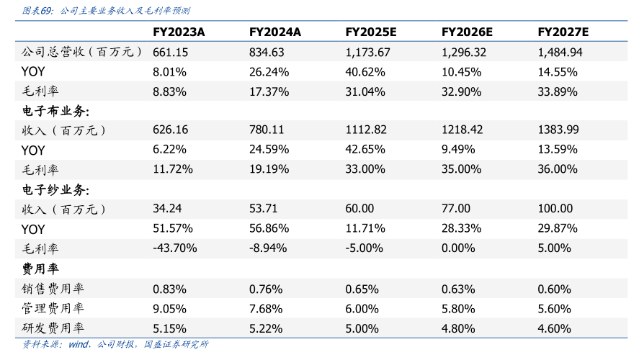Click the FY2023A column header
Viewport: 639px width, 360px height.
pyautogui.click(x=179, y=32)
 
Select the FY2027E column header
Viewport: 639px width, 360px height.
pyautogui.click(x=563, y=32)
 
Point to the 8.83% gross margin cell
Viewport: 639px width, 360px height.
pyautogui.click(x=170, y=91)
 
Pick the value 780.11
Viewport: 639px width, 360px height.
pyautogui.click(x=267, y=130)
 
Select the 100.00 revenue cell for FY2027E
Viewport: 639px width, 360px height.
pyautogui.click(x=554, y=209)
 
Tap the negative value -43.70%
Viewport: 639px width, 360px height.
pyautogui.click(x=175, y=248)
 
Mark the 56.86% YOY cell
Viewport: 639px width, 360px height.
pyautogui.click(x=269, y=228)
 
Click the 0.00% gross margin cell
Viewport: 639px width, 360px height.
pyautogui.click(x=458, y=248)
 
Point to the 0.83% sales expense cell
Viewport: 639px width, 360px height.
pyautogui.click(x=170, y=289)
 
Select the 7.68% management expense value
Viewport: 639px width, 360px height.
pyautogui.click(x=267, y=308)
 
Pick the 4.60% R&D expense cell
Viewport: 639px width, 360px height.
pyautogui.click(x=554, y=328)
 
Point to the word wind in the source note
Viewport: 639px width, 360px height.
pyautogui.click(x=78, y=344)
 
